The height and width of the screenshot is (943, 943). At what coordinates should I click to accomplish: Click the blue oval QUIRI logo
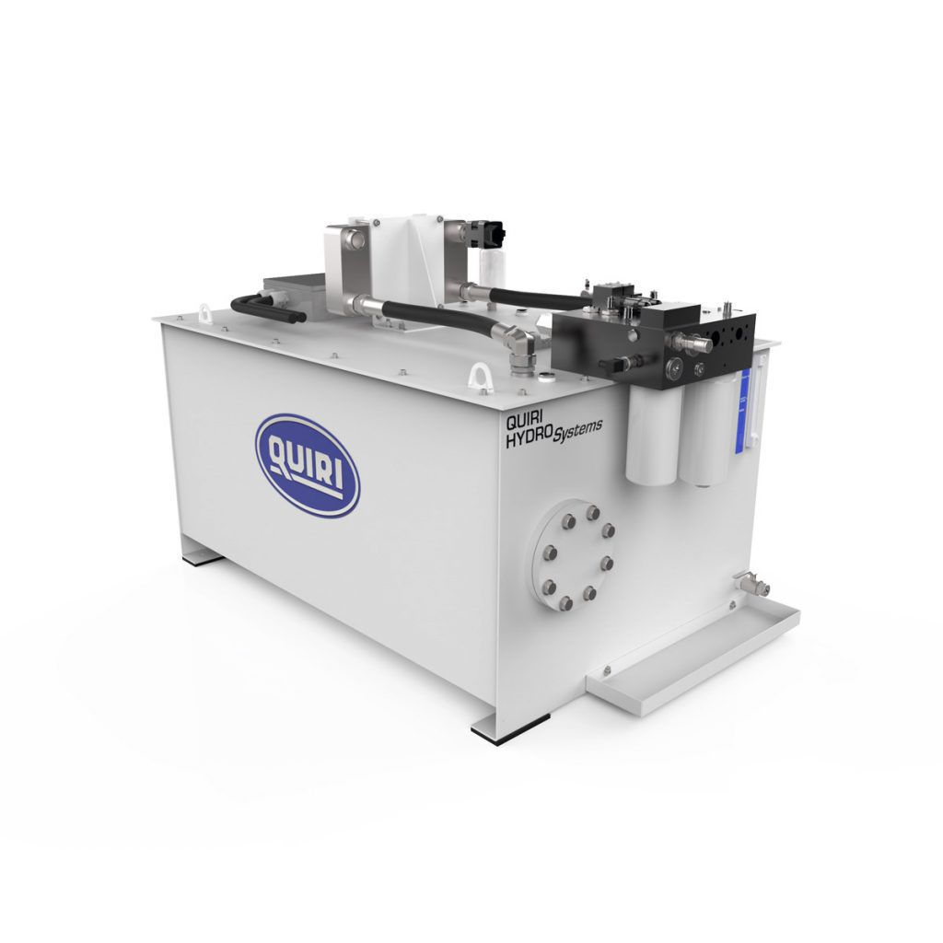pos(307,464)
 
